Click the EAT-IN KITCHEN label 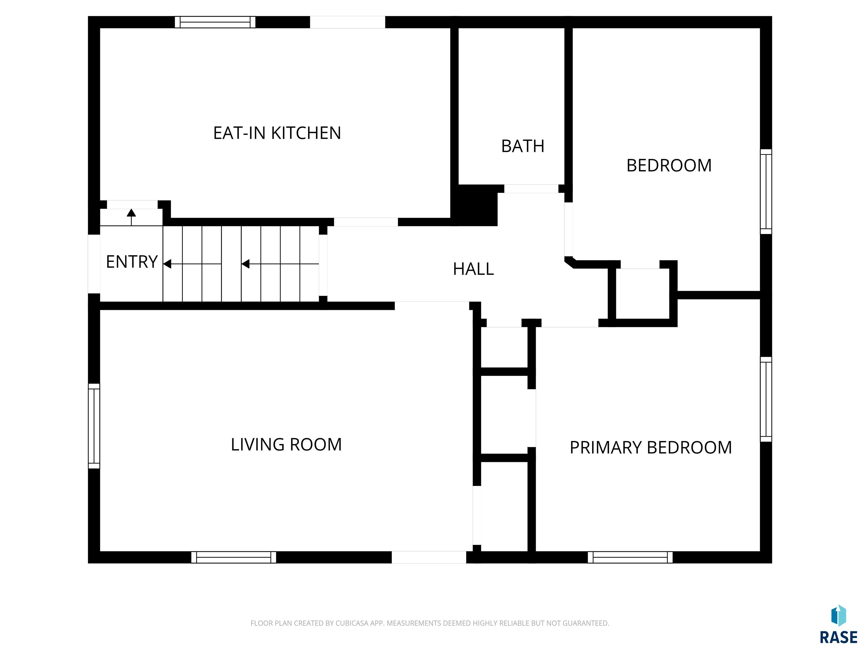[x=277, y=133]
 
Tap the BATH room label [x=523, y=146]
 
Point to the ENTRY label [x=132, y=262]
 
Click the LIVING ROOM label [x=286, y=444]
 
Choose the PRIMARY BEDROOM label [x=650, y=447]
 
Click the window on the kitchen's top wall [x=215, y=22]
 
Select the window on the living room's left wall [x=94, y=426]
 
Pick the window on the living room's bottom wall [x=234, y=557]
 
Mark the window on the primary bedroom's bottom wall [x=630, y=557]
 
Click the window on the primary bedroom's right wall [x=766, y=399]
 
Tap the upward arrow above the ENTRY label [x=131, y=217]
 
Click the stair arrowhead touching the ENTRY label [x=167, y=264]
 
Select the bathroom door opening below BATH [x=531, y=189]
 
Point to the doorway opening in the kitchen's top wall [x=348, y=22]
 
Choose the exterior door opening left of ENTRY [x=94, y=264]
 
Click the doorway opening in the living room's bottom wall [x=429, y=557]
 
